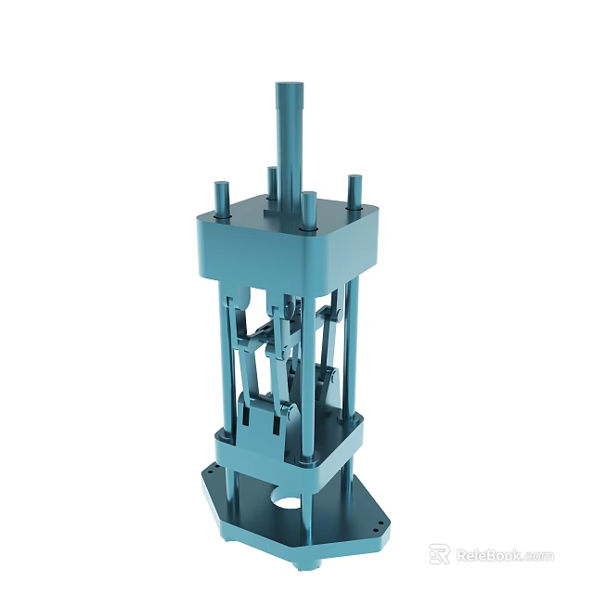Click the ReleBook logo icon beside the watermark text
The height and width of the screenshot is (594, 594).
[439, 554]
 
